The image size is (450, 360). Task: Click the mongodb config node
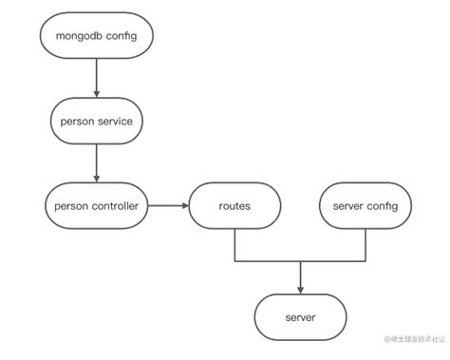pos(96,39)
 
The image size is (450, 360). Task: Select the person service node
pos(96,121)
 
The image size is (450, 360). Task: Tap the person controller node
pos(96,204)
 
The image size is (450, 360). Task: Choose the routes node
pos(234,204)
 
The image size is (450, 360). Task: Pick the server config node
pos(366,204)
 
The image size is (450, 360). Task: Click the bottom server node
pos(300,315)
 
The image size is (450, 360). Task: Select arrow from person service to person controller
pos(96,161)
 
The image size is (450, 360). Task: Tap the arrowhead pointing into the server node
pos(300,289)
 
